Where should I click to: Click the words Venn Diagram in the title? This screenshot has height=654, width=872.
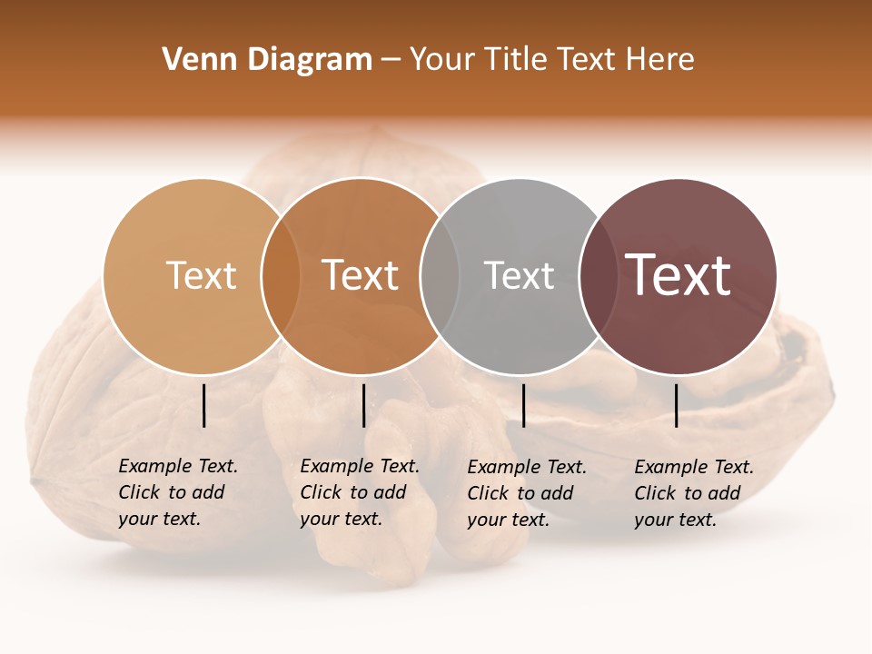tap(267, 60)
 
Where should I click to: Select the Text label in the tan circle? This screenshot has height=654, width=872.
tap(201, 275)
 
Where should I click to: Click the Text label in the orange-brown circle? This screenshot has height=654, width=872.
tap(360, 275)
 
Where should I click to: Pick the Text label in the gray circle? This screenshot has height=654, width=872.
tap(519, 275)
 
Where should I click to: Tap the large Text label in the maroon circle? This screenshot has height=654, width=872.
tap(678, 275)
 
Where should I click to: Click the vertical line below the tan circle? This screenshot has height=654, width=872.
tap(204, 405)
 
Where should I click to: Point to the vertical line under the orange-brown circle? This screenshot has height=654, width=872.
tap(363, 405)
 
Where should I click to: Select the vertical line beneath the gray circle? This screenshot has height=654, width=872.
tap(523, 405)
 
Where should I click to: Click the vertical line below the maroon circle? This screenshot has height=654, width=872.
tap(676, 405)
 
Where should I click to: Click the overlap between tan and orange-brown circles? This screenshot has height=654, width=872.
tap(281, 276)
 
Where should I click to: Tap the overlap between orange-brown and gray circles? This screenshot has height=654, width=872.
tap(440, 276)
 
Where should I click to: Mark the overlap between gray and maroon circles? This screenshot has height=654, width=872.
tap(598, 276)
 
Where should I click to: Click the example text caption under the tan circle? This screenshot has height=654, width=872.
tap(177, 492)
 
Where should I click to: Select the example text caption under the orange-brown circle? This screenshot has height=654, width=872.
tap(359, 492)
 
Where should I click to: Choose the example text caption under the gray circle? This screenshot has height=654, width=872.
tap(526, 493)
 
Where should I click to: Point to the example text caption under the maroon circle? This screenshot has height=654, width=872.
tap(693, 493)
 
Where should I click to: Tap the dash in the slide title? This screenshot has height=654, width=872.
tap(391, 60)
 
